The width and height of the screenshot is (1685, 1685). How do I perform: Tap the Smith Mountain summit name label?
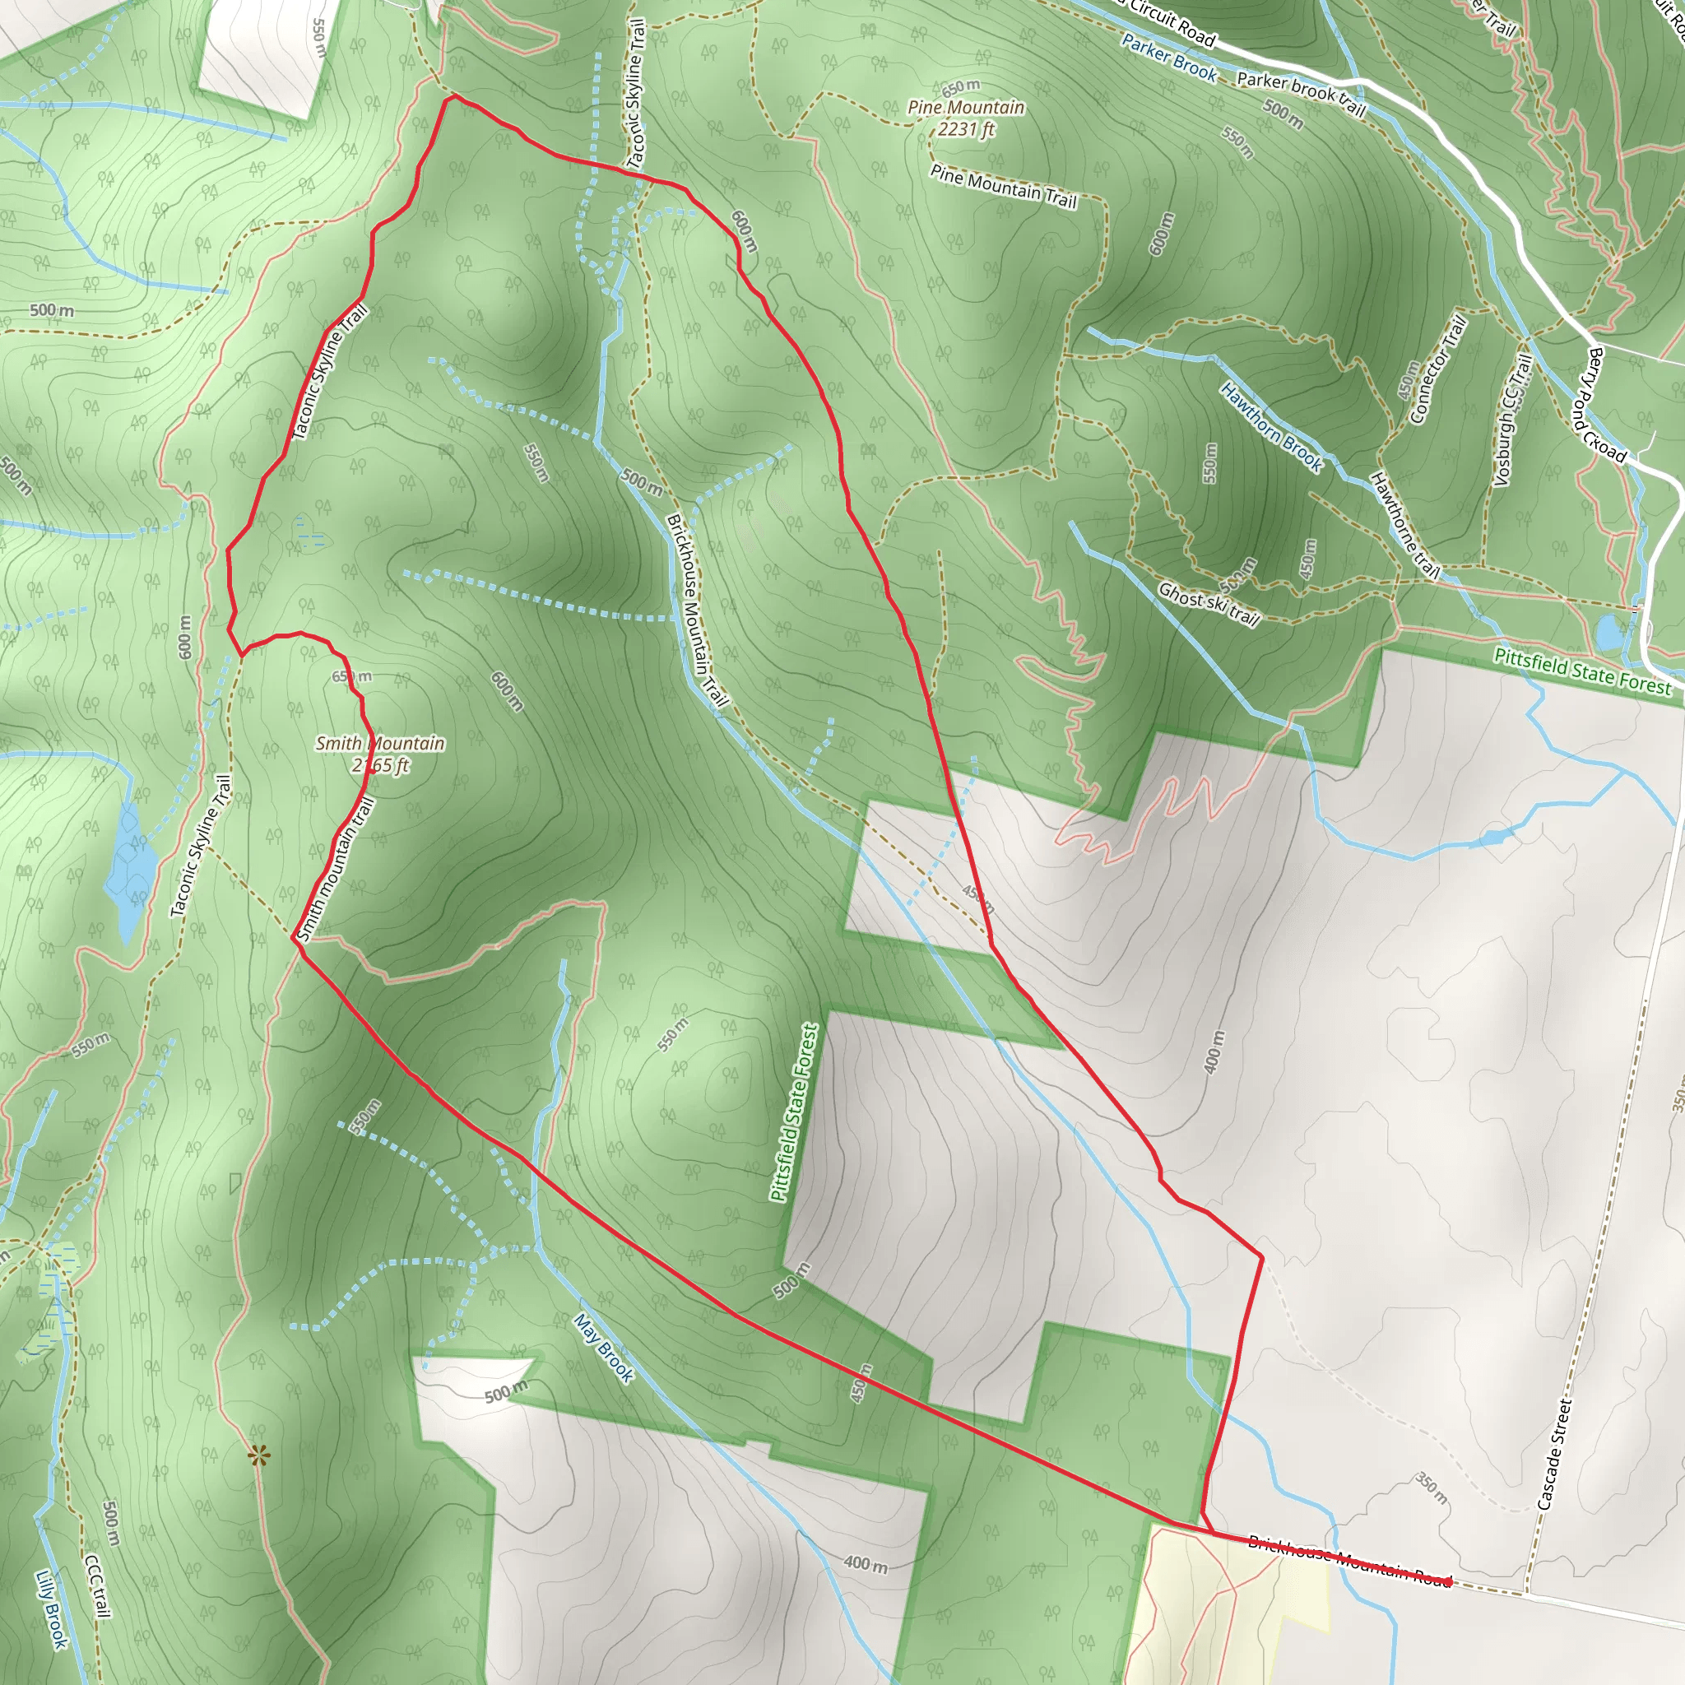[x=379, y=743]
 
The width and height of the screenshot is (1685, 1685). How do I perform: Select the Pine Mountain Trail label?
[x=1003, y=186]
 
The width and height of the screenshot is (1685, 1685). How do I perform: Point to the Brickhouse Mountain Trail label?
[x=695, y=610]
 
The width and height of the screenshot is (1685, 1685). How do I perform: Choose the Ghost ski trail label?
[x=1209, y=605]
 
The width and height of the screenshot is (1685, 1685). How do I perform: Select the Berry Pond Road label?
[x=1607, y=405]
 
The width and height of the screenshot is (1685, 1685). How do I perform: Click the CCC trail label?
[x=98, y=1587]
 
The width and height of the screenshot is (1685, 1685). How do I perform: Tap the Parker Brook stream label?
[x=1168, y=58]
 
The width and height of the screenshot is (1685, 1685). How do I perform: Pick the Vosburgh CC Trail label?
[x=1512, y=420]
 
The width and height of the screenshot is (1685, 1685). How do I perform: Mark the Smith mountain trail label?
[x=335, y=870]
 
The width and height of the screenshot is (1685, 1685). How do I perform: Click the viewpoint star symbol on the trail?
[x=258, y=1455]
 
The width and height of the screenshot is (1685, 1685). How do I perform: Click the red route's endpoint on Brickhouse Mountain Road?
[x=1449, y=1581]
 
